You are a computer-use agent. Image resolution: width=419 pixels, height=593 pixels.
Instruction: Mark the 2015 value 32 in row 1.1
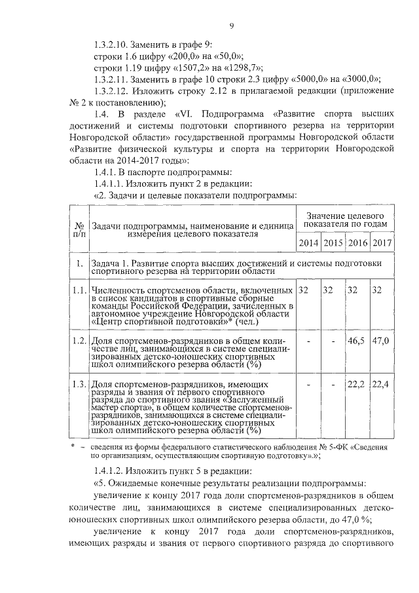331,289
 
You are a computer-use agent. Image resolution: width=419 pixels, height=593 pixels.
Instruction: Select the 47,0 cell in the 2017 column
380,341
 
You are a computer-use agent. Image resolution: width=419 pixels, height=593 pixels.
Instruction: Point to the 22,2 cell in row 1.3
356,383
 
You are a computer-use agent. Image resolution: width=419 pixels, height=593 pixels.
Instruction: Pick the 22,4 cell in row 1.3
380,383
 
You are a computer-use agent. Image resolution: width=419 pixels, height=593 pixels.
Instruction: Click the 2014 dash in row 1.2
308,341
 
